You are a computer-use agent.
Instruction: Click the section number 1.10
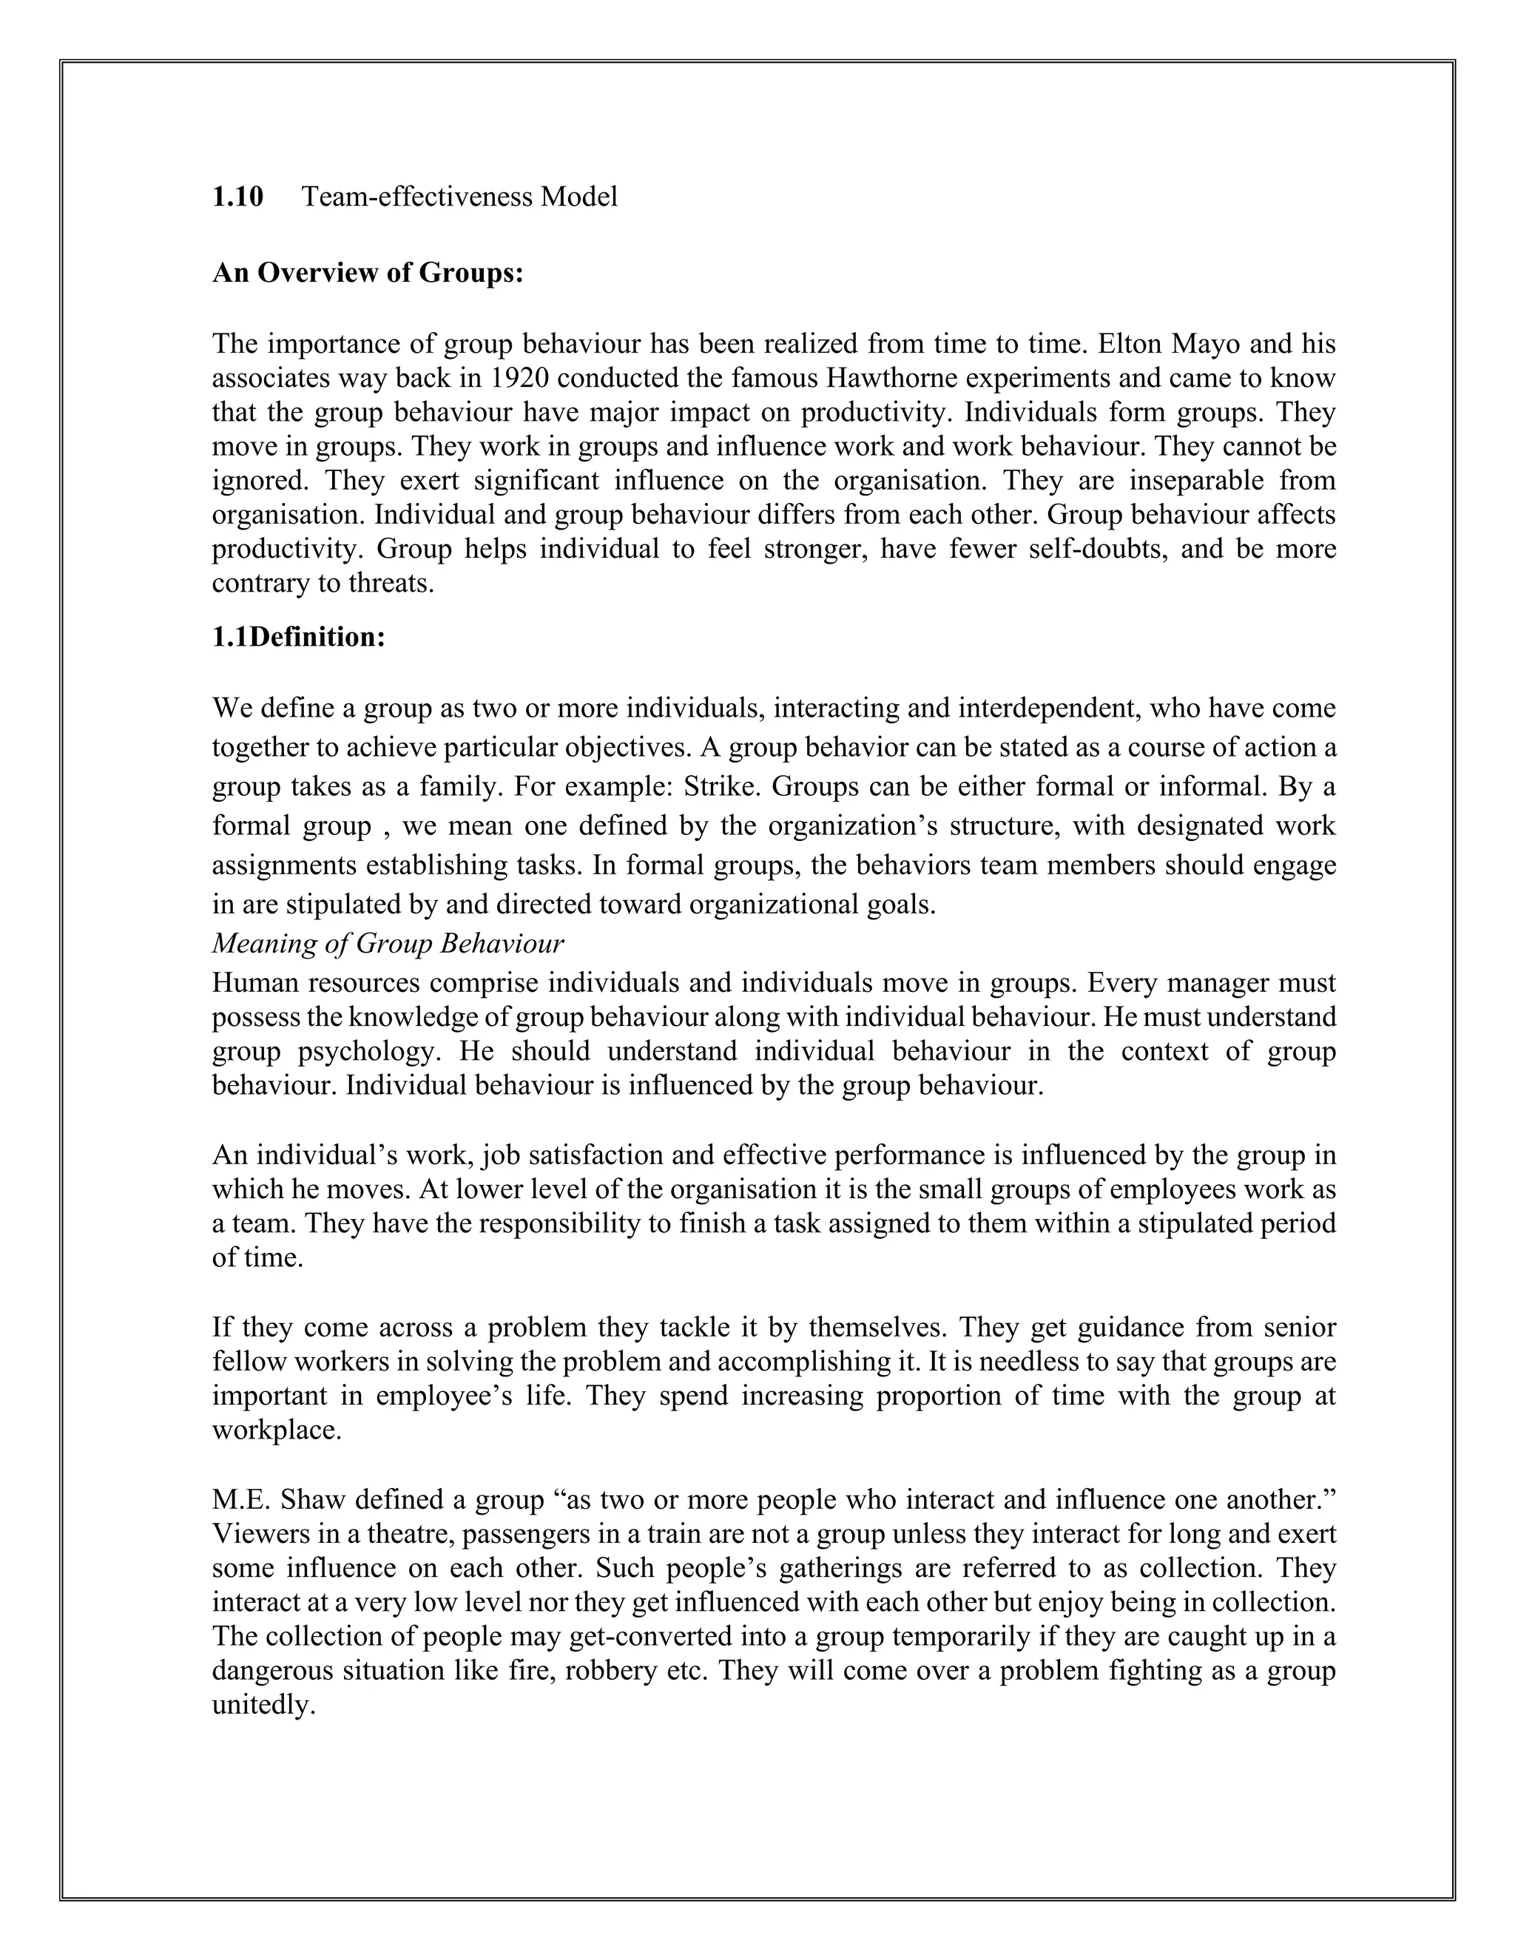pos(238,197)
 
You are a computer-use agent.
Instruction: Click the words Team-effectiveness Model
pos(459,197)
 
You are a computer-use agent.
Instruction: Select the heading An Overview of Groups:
pos(368,273)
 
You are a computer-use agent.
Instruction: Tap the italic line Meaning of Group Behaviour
pos(388,944)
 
